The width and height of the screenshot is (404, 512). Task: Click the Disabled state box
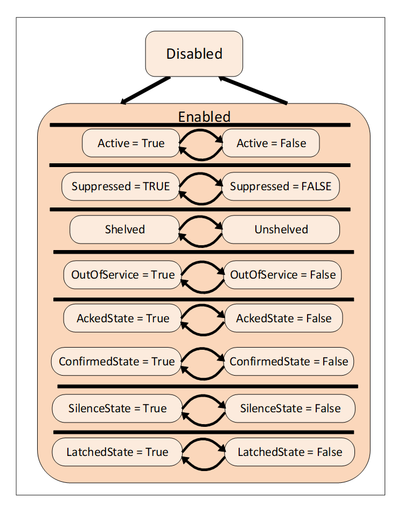coord(194,54)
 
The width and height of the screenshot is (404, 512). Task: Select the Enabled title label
coord(204,117)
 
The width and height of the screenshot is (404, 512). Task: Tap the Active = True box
coord(131,143)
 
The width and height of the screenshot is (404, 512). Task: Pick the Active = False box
coord(271,143)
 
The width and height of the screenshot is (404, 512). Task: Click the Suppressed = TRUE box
coord(120,186)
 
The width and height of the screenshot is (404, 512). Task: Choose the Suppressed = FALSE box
coord(281,186)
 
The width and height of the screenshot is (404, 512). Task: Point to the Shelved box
coord(124,230)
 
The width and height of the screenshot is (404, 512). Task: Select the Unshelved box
coord(281,230)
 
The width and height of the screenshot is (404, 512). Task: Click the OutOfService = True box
coord(123,275)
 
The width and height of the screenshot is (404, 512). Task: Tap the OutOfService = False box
coord(283,275)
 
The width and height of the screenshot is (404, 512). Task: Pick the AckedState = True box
coord(122,319)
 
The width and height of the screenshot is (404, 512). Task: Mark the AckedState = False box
coord(283,319)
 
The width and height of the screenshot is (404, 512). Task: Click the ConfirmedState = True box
coord(116,361)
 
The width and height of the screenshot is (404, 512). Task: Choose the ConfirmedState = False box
coord(289,361)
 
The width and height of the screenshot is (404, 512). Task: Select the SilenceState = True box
coord(117,409)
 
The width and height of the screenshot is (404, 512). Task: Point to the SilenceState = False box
coord(290,409)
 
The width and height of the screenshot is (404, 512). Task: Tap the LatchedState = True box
coord(117,452)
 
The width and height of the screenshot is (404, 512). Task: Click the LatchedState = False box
coord(289,452)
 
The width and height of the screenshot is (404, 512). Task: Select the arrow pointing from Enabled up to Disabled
coord(253,90)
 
